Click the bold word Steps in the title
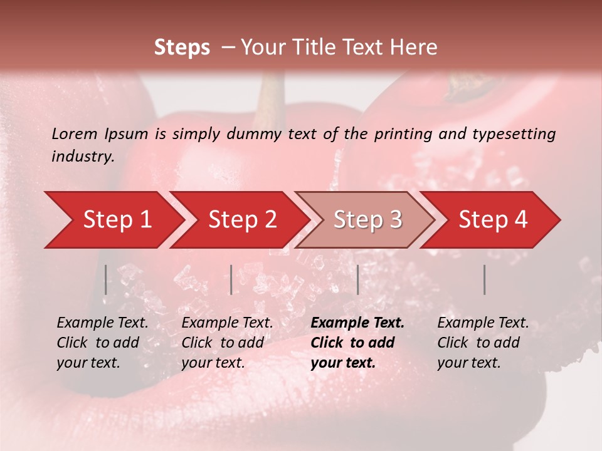click(x=182, y=48)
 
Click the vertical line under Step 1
click(x=105, y=279)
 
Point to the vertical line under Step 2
click(x=231, y=279)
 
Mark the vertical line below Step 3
click(x=357, y=279)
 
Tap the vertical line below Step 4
click(x=484, y=279)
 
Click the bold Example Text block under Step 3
click(x=357, y=343)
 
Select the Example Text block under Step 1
click(x=102, y=343)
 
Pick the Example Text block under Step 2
click(x=227, y=343)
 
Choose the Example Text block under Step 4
click(x=483, y=343)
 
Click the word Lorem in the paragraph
click(x=75, y=133)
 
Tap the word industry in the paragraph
click(x=83, y=157)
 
